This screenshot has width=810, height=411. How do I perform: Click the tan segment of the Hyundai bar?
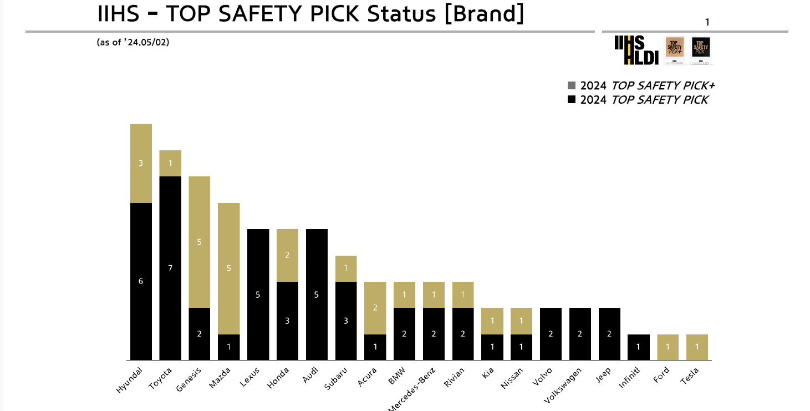(x=141, y=163)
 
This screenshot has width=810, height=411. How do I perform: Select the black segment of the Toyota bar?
(x=170, y=268)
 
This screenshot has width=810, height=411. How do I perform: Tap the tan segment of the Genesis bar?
(x=199, y=242)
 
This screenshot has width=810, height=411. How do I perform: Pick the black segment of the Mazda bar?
(x=228, y=347)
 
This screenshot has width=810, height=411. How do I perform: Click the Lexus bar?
(x=258, y=295)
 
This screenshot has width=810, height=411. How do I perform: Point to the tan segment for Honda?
(x=287, y=255)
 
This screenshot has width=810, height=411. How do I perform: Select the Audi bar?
(x=317, y=295)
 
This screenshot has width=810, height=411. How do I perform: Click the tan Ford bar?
(x=668, y=347)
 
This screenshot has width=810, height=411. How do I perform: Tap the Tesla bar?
(x=697, y=347)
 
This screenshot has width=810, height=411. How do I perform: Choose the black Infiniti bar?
(x=638, y=347)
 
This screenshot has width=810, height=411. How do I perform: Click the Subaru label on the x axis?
(x=337, y=379)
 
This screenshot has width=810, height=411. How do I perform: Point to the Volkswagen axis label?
(x=563, y=384)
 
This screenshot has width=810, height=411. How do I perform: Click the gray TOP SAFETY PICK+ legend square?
(x=572, y=85)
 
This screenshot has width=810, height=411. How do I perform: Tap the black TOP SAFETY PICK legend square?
(x=572, y=100)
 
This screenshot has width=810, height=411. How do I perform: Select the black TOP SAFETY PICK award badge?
(x=701, y=50)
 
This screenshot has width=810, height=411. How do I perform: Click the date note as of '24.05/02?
(x=133, y=42)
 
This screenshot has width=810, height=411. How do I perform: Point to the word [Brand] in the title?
(x=484, y=13)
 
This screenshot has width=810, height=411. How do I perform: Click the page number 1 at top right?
(x=707, y=22)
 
